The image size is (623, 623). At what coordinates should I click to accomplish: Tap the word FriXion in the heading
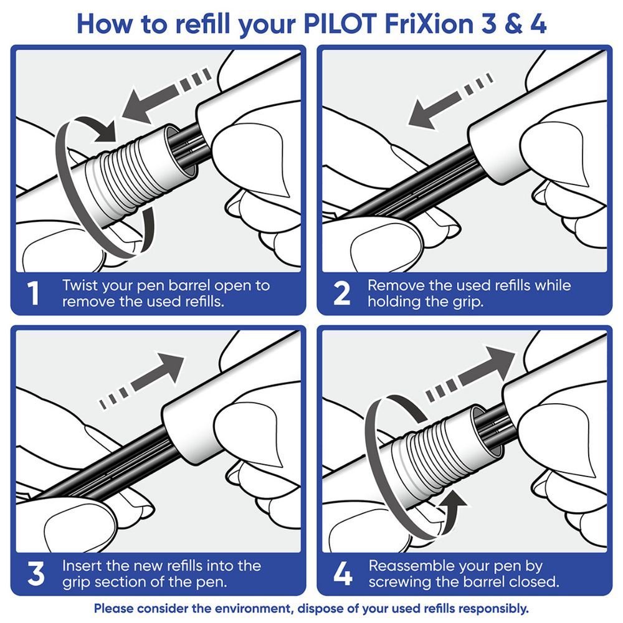pyautogui.click(x=424, y=24)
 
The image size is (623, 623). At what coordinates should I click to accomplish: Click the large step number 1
pyautogui.click(x=34, y=293)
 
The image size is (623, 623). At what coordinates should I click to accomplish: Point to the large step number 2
pyautogui.click(x=341, y=293)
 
